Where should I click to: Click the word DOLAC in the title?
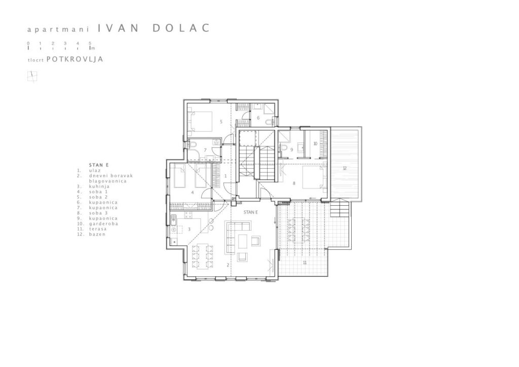click(181, 28)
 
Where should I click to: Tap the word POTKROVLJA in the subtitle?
click(75, 59)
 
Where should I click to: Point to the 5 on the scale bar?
click(90, 43)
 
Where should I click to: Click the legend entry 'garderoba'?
click(103, 224)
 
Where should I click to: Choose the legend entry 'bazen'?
click(97, 234)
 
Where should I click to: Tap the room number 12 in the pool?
click(345, 168)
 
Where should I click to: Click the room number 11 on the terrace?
click(304, 263)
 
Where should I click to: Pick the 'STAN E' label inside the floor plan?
click(250, 212)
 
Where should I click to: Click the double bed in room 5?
click(200, 122)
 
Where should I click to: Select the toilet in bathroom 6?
click(270, 123)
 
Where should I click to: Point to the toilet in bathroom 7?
click(193, 144)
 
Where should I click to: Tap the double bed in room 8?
click(314, 177)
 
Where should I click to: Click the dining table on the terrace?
click(299, 230)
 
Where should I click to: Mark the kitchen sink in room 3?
click(173, 219)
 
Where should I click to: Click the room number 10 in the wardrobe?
click(315, 143)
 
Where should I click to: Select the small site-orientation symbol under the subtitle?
click(32, 77)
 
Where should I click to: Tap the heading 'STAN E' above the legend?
click(99, 165)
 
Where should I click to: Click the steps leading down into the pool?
click(340, 208)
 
